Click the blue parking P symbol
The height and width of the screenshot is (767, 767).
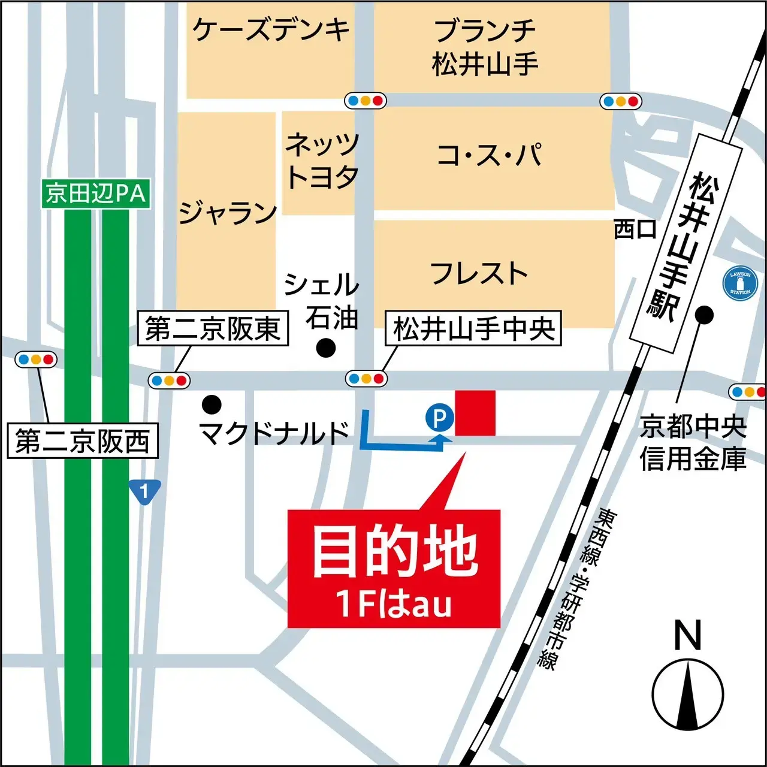[439, 417]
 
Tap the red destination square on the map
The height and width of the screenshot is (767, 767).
[475, 413]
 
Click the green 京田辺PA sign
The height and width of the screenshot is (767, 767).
[95, 194]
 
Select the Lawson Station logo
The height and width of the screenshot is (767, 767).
[740, 283]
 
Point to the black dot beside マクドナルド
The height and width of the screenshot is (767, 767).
[212, 405]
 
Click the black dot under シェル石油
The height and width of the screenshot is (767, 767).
[326, 347]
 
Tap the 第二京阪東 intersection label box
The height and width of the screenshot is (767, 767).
[213, 328]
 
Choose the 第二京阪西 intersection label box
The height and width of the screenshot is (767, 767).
[82, 441]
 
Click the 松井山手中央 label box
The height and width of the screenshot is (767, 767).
[473, 328]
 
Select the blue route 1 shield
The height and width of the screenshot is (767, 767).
[144, 492]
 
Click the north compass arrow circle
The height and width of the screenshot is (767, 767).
[688, 696]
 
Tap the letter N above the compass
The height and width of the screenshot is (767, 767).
[687, 635]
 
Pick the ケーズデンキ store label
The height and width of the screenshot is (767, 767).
[271, 29]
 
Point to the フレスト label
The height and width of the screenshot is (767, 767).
[479, 273]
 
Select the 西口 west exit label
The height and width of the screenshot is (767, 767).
[635, 229]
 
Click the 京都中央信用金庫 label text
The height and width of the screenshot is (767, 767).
[693, 443]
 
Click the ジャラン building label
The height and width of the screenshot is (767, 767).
[228, 213]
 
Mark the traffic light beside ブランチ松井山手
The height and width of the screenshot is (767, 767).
[621, 101]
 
